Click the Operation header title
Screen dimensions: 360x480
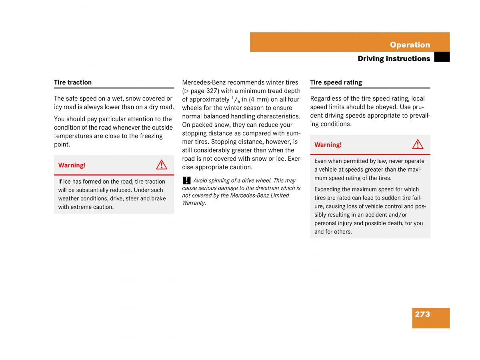click(410, 45)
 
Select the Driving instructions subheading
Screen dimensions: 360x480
click(394, 59)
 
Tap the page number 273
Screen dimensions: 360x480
click(422, 314)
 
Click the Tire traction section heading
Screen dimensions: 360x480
click(73, 82)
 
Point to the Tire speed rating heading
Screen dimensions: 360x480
click(336, 82)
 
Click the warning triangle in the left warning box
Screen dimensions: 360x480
click(162, 165)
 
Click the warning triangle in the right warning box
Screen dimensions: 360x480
click(418, 144)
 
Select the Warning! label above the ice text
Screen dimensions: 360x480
click(72, 165)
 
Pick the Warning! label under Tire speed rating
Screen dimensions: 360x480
click(328, 145)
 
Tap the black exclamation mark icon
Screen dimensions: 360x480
click(186, 180)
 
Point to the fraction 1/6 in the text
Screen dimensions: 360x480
click(236, 100)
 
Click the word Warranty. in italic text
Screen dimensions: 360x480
click(194, 203)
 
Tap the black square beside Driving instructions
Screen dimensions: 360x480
click(442, 58)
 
